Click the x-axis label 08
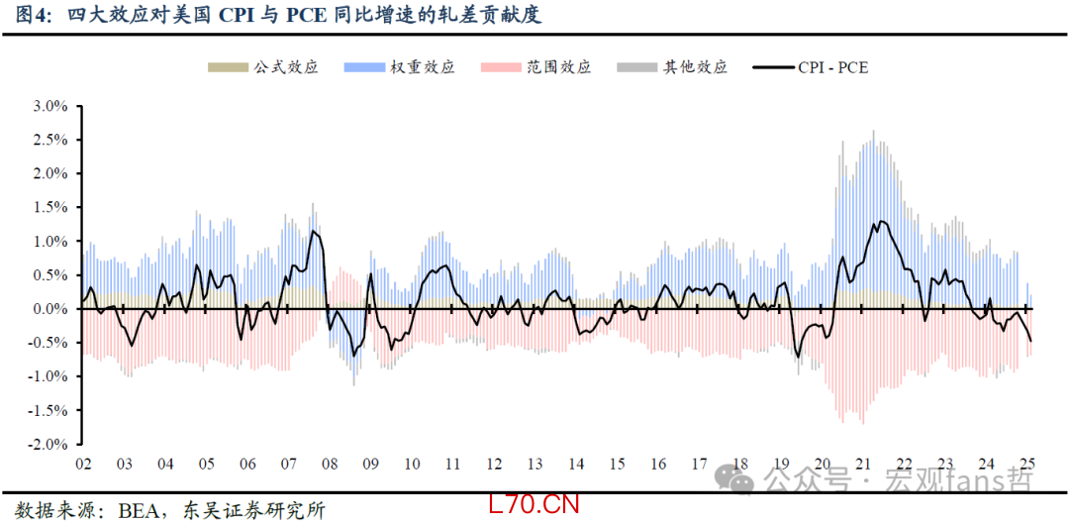tap(330, 464)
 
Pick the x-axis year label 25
tap(1027, 464)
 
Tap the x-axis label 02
tap(83, 464)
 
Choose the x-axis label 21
tap(862, 464)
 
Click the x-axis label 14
tap(576, 464)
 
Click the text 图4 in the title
tap(27, 16)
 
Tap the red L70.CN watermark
tap(534, 504)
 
